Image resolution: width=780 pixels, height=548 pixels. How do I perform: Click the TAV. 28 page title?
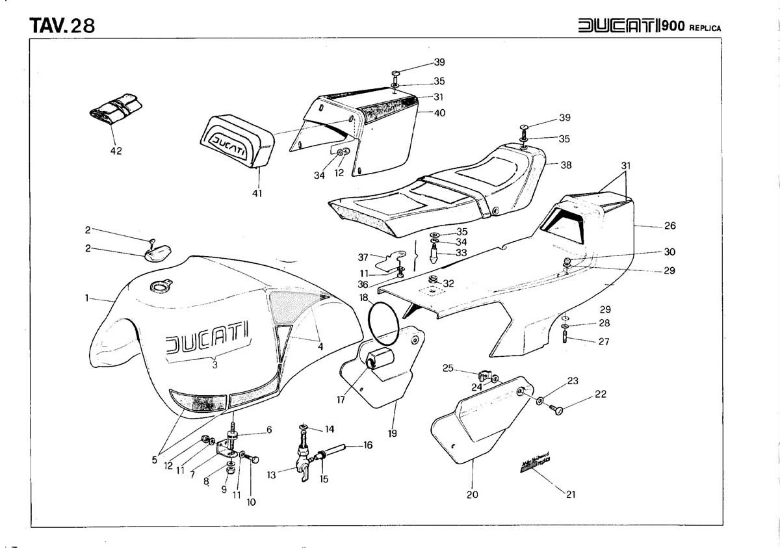pyautogui.click(x=62, y=25)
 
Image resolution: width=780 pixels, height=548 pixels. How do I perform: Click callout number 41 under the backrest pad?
pyautogui.click(x=257, y=193)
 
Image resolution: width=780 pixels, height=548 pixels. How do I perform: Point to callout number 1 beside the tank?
pyautogui.click(x=87, y=298)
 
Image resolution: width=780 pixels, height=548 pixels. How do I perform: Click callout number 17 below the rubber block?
pyautogui.click(x=341, y=400)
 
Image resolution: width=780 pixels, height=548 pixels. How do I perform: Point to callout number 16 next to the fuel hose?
pyautogui.click(x=368, y=445)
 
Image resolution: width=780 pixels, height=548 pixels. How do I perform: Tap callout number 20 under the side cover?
pyautogui.click(x=473, y=494)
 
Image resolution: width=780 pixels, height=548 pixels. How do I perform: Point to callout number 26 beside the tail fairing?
pyautogui.click(x=670, y=226)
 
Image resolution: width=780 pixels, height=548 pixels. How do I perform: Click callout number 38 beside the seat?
pyautogui.click(x=566, y=165)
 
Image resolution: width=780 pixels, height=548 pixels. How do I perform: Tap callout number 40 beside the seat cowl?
pyautogui.click(x=439, y=112)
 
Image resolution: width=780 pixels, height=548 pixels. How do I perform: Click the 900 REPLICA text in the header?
pyautogui.click(x=692, y=27)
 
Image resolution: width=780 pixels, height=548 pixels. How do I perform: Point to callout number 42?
pyautogui.click(x=116, y=151)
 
